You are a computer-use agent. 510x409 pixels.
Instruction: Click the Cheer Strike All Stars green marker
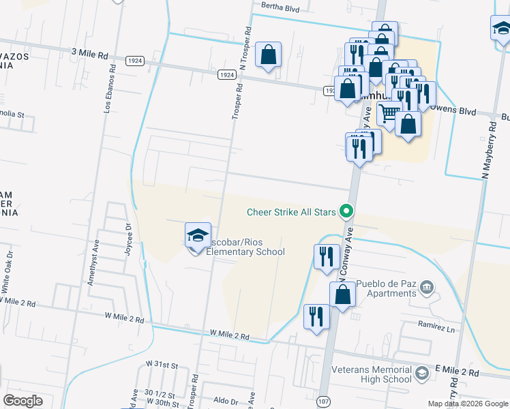pyautogui.click(x=346, y=211)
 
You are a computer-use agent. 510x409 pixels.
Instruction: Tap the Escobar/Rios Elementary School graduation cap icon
pyautogui.click(x=197, y=236)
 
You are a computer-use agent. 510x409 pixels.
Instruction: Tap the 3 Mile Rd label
pyautogui.click(x=89, y=53)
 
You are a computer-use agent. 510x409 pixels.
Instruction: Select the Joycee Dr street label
pyautogui.click(x=127, y=237)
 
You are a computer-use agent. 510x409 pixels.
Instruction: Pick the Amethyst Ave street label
pyautogui.click(x=97, y=256)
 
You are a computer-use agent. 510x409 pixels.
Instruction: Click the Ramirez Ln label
pyautogui.click(x=436, y=328)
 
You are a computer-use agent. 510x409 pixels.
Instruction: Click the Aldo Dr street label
pyautogui.click(x=224, y=402)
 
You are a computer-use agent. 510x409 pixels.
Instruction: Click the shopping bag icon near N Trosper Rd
pyautogui.click(x=269, y=54)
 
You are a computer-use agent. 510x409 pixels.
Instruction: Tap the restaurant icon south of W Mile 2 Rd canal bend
pyautogui.click(x=316, y=317)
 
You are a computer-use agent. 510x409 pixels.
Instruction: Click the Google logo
pyautogui.click(x=22, y=401)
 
